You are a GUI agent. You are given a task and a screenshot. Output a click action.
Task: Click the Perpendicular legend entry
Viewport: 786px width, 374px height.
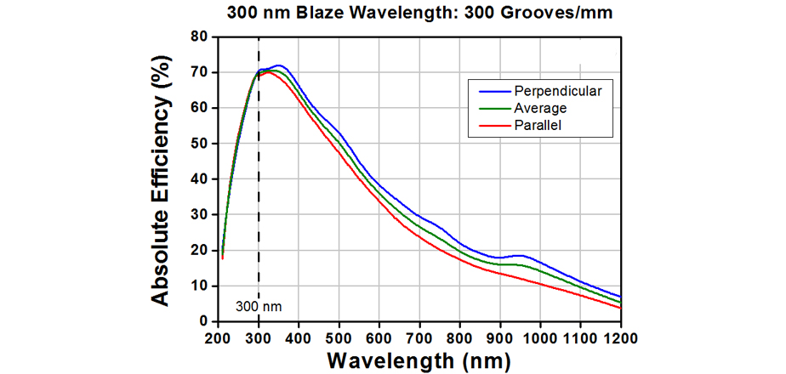[x=553, y=91]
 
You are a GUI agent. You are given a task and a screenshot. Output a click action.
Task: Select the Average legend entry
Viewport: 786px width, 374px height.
[x=540, y=108]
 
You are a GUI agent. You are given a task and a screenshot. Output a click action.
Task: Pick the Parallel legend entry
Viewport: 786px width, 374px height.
[x=537, y=126]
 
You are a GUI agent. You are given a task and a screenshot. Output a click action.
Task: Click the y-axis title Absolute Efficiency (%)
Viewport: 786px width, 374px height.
[x=163, y=178]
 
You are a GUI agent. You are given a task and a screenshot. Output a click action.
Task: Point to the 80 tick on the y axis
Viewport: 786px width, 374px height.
[x=202, y=37]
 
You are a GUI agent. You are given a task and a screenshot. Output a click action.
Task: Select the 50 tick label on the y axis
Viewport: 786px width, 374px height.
[x=202, y=144]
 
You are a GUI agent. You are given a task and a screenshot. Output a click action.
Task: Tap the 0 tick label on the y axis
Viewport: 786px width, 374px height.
[x=205, y=321]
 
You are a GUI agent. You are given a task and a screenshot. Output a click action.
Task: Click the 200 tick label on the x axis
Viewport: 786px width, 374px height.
[x=218, y=337]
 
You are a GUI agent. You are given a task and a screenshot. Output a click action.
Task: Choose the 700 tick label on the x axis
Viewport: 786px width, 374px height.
[x=419, y=337]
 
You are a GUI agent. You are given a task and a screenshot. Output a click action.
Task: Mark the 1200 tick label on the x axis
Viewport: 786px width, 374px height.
[x=620, y=337]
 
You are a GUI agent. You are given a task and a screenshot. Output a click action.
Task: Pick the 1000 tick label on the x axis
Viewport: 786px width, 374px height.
[x=540, y=337]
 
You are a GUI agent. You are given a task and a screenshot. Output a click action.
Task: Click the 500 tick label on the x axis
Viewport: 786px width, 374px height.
[x=339, y=337]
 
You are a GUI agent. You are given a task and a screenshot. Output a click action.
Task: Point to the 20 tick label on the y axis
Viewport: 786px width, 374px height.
[x=202, y=250]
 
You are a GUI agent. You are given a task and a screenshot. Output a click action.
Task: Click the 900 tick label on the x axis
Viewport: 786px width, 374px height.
[x=499, y=337]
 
